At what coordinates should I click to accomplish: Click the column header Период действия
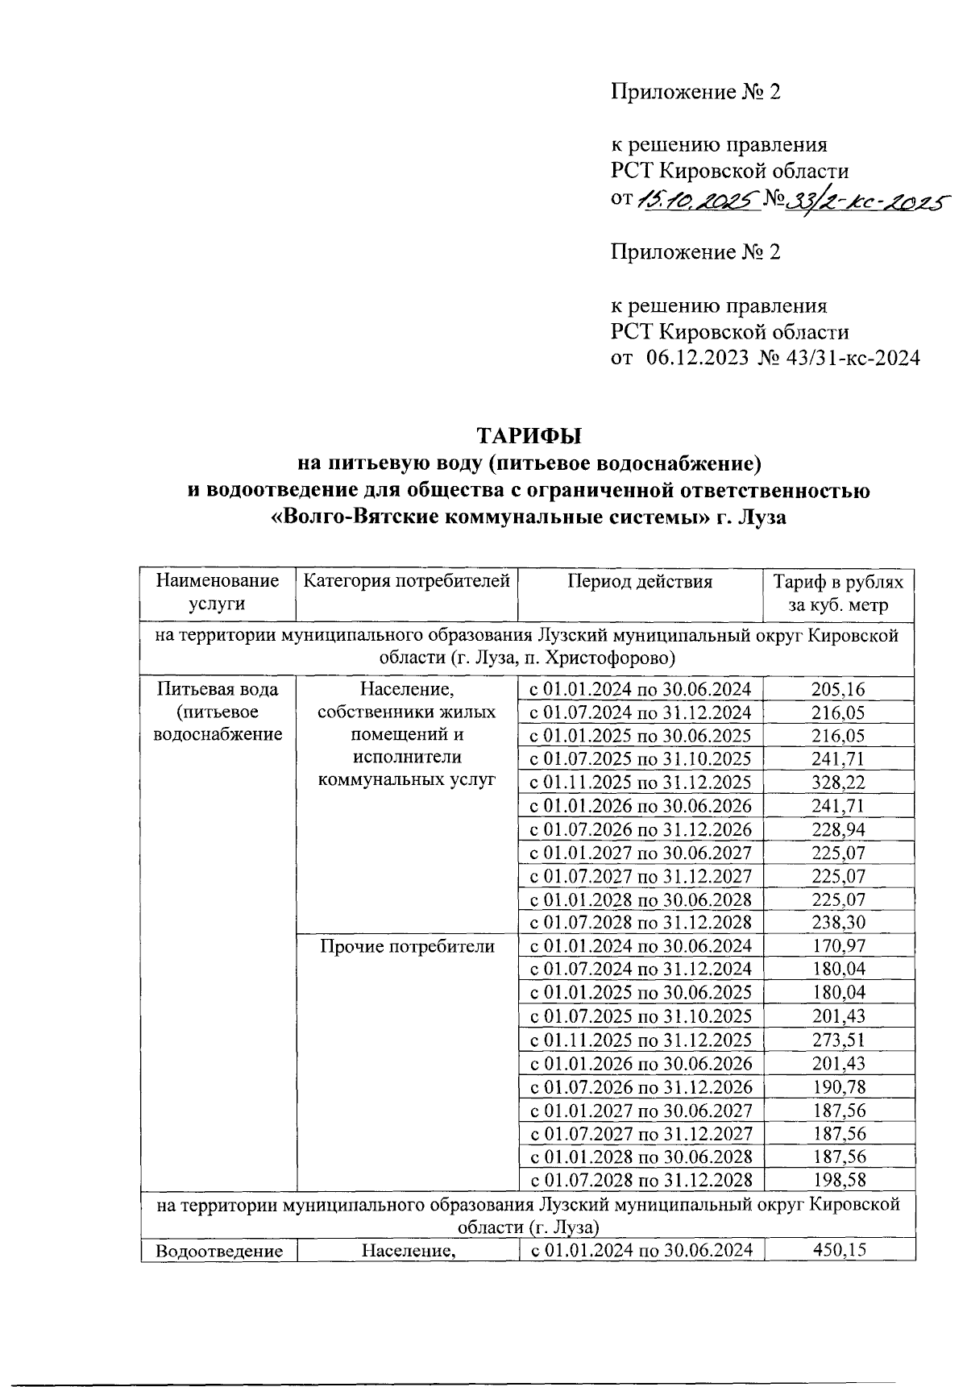point(640,582)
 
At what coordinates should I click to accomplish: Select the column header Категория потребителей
point(407,581)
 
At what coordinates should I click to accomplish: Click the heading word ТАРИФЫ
point(529,436)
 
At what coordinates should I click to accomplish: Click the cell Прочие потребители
point(407,946)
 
